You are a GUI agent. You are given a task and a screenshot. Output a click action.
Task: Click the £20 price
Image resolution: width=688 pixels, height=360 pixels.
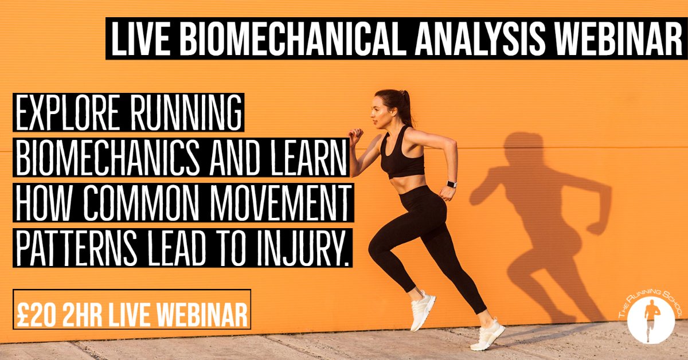(x=38, y=312)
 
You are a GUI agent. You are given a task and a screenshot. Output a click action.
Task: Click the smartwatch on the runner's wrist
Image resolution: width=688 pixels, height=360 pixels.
(x=451, y=185)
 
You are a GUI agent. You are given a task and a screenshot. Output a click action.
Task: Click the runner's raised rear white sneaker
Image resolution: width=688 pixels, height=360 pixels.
(x=423, y=309)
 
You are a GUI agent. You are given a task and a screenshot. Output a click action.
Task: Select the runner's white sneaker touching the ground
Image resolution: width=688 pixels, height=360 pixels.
(x=487, y=335)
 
